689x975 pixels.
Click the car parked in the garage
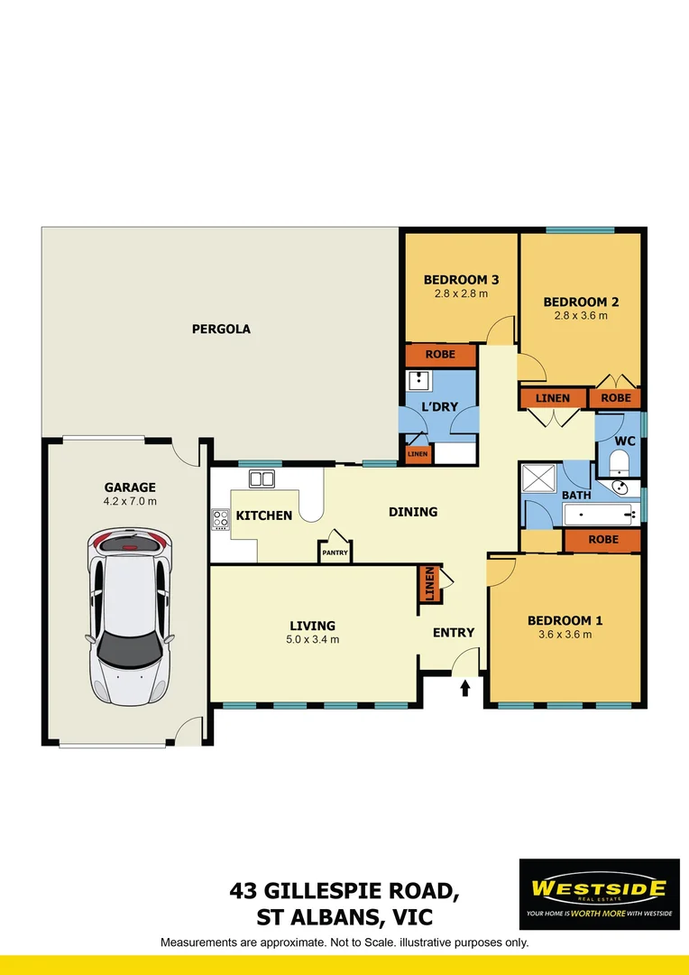coord(129,619)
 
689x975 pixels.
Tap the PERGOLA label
coord(221,330)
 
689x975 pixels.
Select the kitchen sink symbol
coord(262,478)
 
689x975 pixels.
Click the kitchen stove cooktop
coord(220,518)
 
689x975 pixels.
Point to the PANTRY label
coord(335,552)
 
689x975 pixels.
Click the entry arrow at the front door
coord(465,689)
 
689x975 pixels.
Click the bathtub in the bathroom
coord(600,515)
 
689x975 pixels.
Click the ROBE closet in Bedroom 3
coord(440,355)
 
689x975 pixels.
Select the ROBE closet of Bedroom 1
coord(602,540)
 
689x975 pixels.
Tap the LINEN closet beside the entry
coord(429,584)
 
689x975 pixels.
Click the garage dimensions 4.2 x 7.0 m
coord(130,501)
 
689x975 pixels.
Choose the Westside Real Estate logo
coord(599,894)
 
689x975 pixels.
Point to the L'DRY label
coord(439,407)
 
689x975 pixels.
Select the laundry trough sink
coord(418,380)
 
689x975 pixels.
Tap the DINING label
coord(413,512)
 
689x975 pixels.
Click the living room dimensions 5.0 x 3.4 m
coord(312,639)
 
